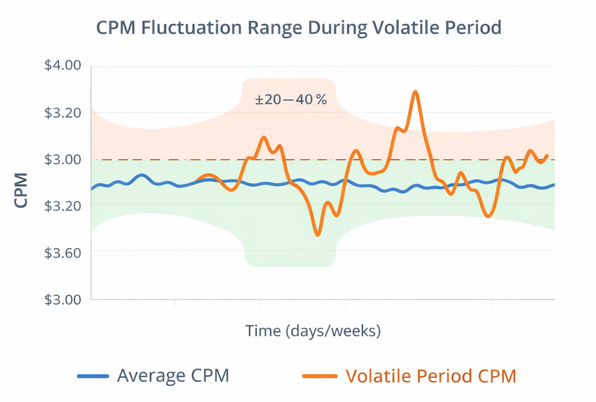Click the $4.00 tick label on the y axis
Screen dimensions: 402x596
(62, 65)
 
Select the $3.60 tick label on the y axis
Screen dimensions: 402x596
(62, 252)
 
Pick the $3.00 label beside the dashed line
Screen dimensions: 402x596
(62, 159)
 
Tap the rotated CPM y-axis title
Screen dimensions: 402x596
(21, 191)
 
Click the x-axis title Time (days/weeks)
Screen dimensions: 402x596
(313, 331)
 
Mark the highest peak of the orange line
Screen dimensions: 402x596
(415, 92)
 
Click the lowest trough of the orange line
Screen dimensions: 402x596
(318, 235)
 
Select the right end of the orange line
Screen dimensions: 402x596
(547, 156)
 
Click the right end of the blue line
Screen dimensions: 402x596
(554, 185)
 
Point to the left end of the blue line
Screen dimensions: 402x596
(91, 189)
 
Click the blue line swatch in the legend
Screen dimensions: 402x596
(93, 377)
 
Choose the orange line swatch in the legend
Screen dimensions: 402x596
(320, 377)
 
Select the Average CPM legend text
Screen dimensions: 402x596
(173, 376)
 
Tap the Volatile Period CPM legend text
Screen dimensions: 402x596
(430, 376)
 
